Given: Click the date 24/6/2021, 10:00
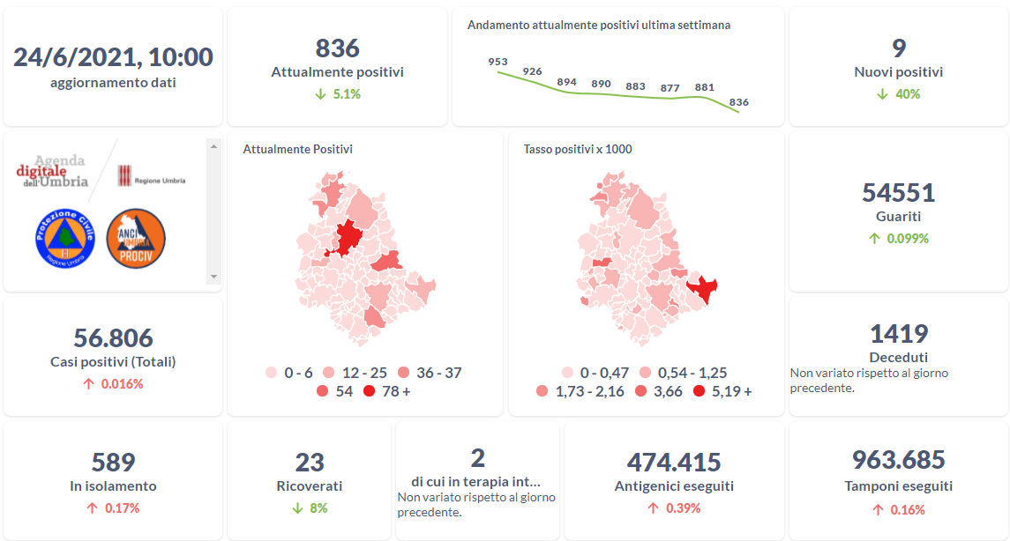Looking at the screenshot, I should [113, 57].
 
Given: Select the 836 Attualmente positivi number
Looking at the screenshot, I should [337, 48].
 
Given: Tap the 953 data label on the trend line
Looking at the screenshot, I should [498, 62].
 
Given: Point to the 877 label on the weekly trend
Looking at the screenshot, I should [670, 88].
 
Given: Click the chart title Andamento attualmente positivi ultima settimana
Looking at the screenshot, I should [599, 26].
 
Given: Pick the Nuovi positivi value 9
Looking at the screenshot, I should [899, 48].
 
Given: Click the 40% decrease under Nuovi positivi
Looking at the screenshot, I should [899, 94].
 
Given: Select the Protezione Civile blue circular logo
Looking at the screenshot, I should [64, 238].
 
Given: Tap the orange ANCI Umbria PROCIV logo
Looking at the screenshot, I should [136, 238].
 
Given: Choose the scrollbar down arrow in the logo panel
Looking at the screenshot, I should [213, 277].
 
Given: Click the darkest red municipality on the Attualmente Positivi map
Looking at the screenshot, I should [348, 238].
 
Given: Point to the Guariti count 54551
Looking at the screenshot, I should [899, 192].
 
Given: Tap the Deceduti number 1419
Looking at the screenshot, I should [899, 334].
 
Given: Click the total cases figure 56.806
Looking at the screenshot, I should [113, 337].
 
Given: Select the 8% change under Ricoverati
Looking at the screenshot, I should [310, 508].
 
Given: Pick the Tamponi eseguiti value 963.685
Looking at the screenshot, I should [899, 459].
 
